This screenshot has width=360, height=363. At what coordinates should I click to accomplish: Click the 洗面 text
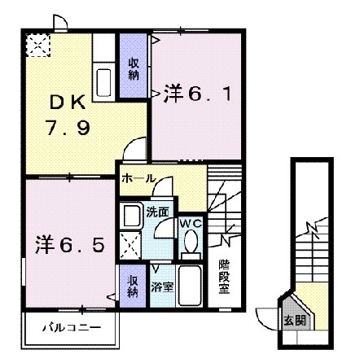coord(158,212)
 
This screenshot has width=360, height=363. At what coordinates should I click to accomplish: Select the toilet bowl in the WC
coord(191,242)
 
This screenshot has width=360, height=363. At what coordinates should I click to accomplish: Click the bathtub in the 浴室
coord(190,286)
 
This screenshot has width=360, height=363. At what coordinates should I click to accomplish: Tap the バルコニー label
coord(72,327)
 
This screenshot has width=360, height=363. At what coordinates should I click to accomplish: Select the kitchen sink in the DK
coord(104,82)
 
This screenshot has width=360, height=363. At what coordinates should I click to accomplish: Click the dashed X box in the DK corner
coord(36,46)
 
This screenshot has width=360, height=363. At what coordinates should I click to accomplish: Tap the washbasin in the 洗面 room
coord(130,216)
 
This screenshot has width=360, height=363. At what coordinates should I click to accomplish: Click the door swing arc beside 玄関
coord(267,314)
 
